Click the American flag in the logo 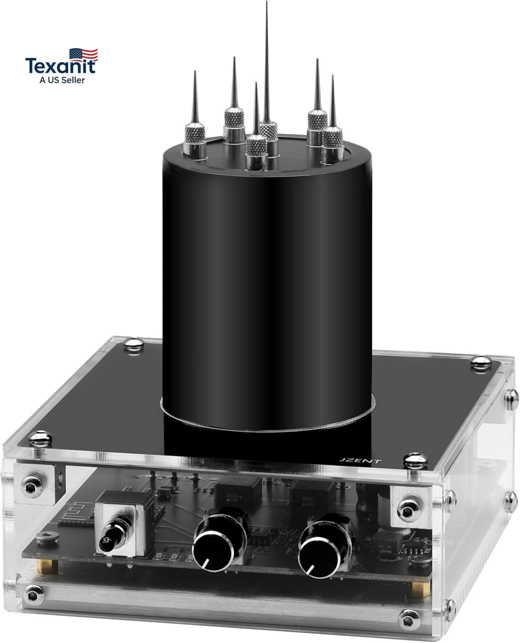click(84, 55)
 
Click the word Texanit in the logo click(60, 66)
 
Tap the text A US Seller click(62, 80)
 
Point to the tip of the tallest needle click(266, 2)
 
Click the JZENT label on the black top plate click(360, 461)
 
